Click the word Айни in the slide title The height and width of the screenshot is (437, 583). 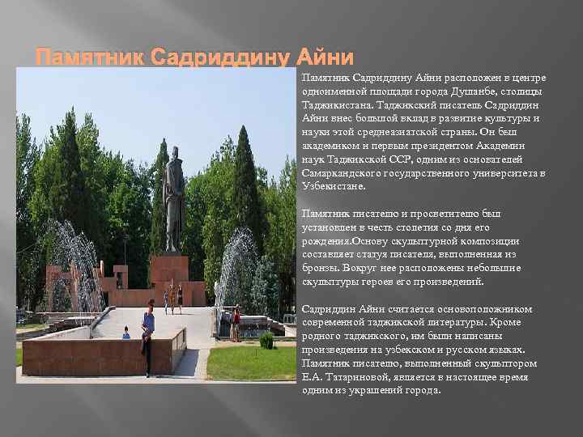326,58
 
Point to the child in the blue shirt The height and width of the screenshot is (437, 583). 126,333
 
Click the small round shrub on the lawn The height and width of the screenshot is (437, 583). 266,341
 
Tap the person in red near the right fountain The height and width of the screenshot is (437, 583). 236,322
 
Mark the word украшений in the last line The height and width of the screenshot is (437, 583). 375,389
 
